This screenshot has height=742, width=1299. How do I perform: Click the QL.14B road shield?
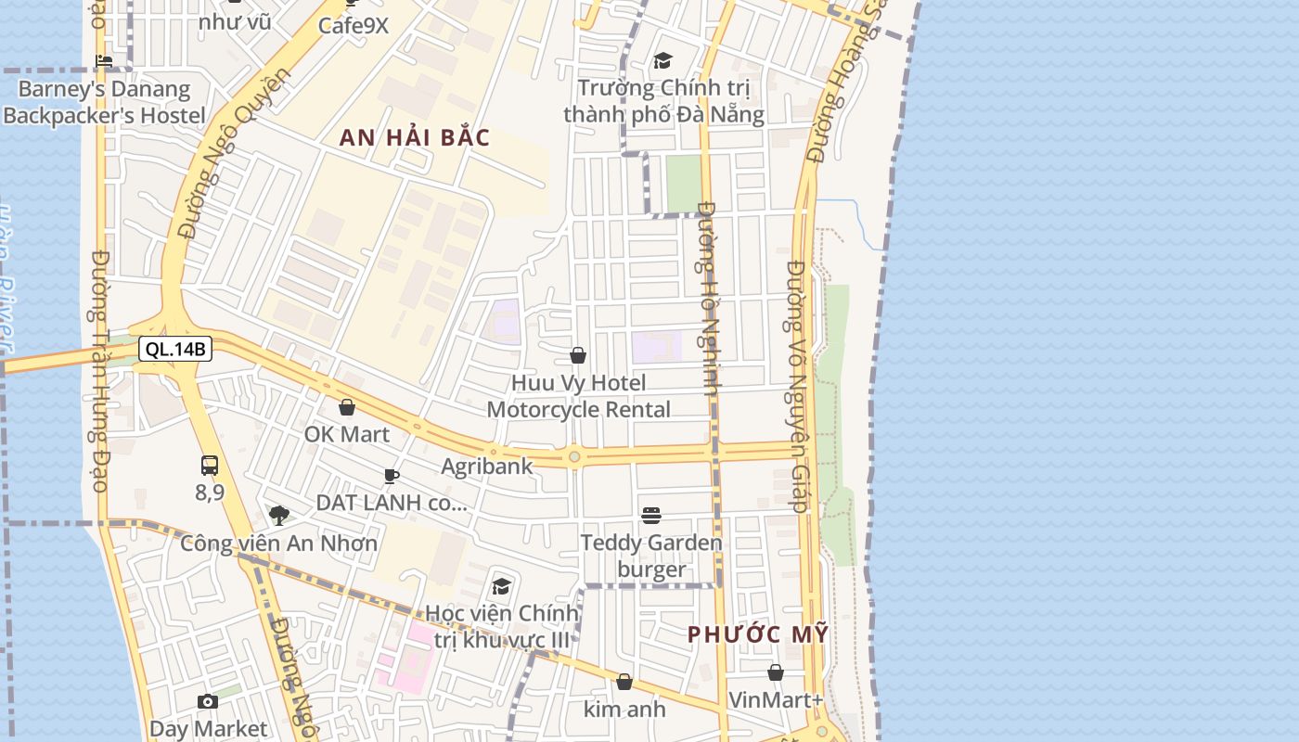(175, 349)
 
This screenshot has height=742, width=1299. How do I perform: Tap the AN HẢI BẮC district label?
(414, 138)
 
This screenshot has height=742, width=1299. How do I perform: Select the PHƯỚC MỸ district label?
(757, 634)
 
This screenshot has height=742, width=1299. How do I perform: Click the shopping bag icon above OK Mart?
(347, 407)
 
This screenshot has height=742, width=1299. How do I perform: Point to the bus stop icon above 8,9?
(210, 466)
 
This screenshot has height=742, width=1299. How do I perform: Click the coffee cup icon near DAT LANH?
(392, 477)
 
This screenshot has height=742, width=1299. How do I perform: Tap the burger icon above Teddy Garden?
(651, 516)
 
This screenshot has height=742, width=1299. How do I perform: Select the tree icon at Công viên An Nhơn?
(278, 516)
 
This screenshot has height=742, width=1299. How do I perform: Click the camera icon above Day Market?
(208, 702)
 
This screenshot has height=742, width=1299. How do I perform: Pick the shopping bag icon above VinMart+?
(776, 672)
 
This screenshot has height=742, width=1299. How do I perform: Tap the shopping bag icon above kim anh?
(624, 683)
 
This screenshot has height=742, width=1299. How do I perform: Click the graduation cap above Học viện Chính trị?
(502, 586)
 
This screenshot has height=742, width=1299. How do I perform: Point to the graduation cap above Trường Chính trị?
(662, 61)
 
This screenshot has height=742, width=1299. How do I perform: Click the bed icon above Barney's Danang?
(104, 62)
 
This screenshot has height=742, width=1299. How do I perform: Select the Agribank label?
(487, 466)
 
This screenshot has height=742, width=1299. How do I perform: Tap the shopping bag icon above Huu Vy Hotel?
(578, 355)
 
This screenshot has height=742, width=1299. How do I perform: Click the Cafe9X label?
(353, 25)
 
